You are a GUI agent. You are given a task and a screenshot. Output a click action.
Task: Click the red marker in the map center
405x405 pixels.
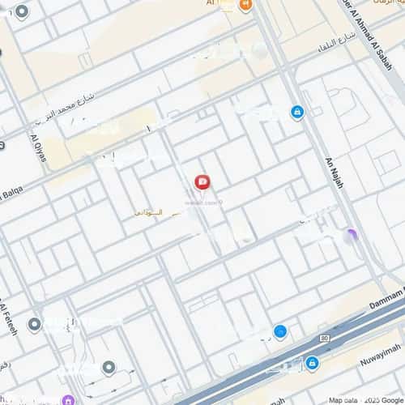[202, 181]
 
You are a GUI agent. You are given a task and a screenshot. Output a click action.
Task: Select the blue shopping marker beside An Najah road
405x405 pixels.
[297, 112]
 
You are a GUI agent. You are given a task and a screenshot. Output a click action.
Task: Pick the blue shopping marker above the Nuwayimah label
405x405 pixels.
[312, 362]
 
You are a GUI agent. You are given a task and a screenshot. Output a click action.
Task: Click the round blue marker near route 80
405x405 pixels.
[280, 330]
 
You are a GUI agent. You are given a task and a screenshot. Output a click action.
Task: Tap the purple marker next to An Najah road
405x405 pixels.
[350, 236]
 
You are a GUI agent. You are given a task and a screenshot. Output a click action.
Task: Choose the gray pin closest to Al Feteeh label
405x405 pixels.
[34, 325]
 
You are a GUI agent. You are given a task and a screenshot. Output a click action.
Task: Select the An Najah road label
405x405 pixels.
[335, 173]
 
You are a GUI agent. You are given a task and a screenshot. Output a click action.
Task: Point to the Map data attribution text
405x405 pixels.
[343, 400]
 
